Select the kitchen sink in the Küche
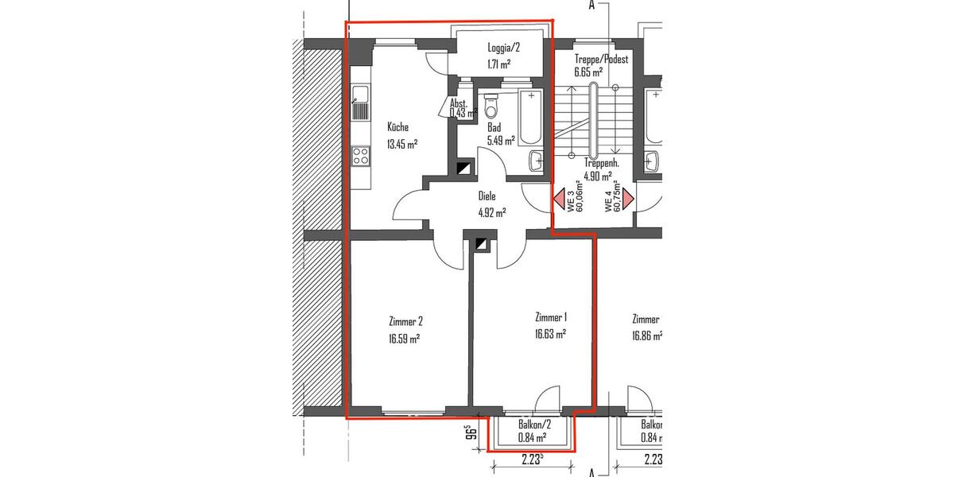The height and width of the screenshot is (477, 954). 360,107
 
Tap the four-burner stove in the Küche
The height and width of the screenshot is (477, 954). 360,155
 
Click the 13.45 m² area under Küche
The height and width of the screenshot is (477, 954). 402,144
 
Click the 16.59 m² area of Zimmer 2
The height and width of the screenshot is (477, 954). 405,338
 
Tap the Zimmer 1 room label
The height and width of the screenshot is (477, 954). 551,316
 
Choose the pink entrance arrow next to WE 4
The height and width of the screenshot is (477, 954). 628,199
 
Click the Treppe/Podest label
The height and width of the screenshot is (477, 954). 601,60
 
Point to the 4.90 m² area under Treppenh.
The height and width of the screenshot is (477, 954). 597,176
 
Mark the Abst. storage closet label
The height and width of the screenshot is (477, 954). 458,104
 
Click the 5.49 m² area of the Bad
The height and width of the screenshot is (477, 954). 501,140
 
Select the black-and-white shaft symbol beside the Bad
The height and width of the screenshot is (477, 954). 463,168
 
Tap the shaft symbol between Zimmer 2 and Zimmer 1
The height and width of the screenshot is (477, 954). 480,245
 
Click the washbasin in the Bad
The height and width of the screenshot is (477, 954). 537,159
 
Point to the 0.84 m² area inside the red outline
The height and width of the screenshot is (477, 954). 531,437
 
